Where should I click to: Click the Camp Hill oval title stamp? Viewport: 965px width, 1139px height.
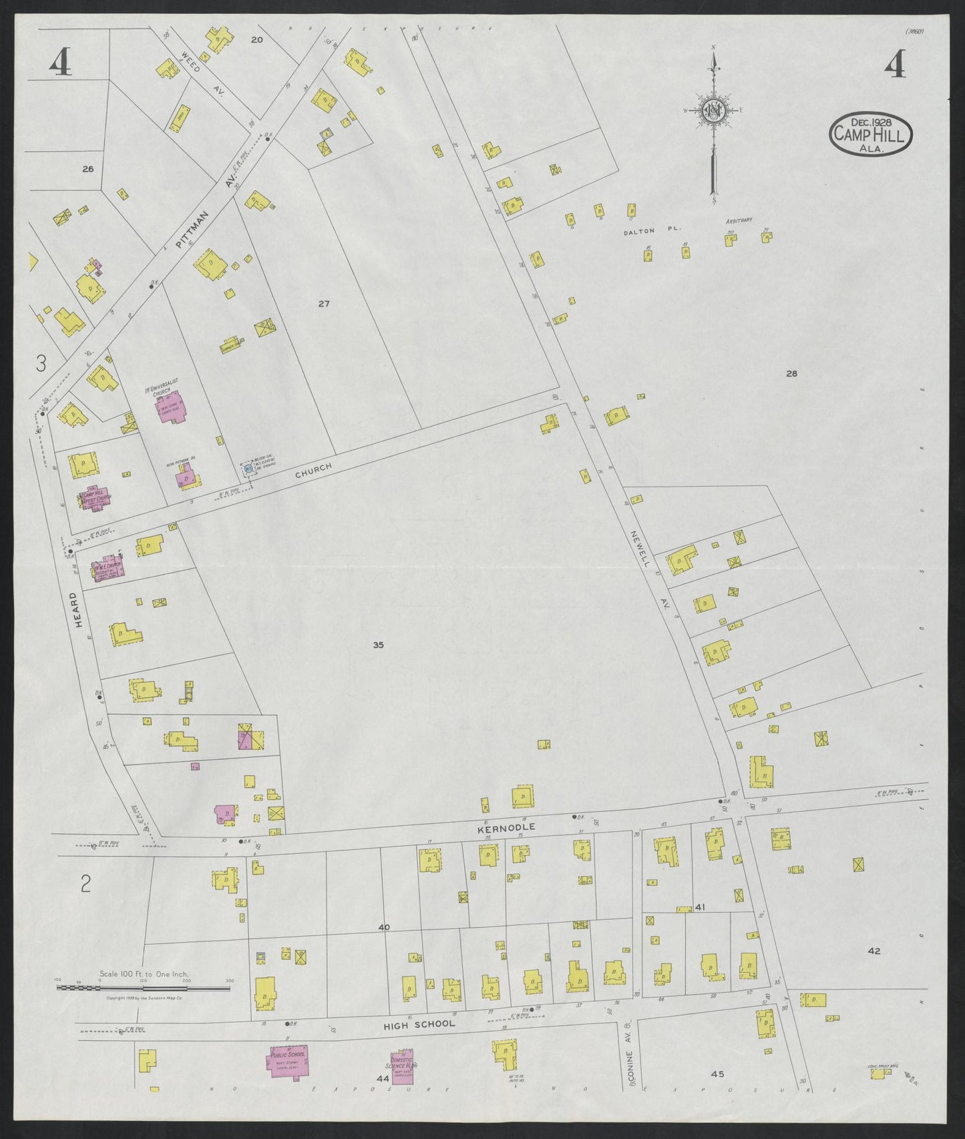(871, 135)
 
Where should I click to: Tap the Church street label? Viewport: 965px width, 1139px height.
(314, 471)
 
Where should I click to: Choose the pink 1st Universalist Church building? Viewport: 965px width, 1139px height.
(170, 407)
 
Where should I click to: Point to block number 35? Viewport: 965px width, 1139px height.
(379, 645)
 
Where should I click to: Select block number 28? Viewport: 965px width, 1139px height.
(791, 374)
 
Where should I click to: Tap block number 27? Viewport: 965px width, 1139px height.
(324, 304)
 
